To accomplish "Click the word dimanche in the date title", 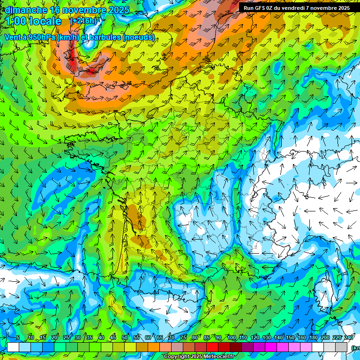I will (26, 10).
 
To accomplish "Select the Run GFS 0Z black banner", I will (296, 8).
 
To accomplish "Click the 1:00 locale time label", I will (34, 21).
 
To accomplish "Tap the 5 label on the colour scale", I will (18, 338).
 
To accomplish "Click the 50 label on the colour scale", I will (125, 338).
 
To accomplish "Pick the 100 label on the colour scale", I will (231, 338).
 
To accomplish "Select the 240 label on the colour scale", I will (348, 338).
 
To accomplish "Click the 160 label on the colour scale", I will (301, 338).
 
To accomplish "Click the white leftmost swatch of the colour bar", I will (13, 347).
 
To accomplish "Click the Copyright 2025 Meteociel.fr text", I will (199, 357).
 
